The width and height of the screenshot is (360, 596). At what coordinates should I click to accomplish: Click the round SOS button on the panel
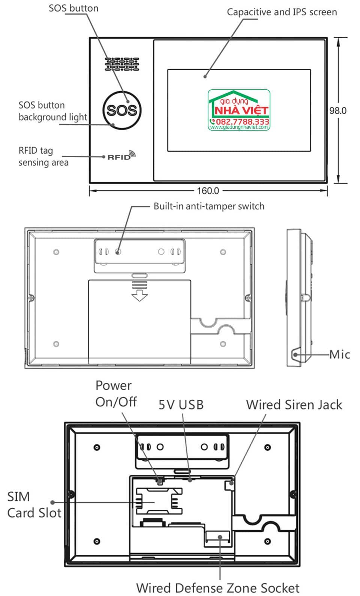click(x=121, y=110)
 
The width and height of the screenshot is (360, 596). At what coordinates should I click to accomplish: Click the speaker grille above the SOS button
click(x=122, y=64)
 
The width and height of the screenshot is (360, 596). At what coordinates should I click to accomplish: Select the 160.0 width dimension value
click(x=208, y=191)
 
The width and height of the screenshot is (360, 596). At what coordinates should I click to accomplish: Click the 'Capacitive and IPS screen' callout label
click(x=282, y=12)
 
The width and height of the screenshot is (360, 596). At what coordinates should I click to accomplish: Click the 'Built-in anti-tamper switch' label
click(x=209, y=206)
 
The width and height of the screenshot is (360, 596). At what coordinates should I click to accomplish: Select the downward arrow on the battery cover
click(x=139, y=295)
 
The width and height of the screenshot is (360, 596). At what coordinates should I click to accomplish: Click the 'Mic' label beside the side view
click(x=339, y=354)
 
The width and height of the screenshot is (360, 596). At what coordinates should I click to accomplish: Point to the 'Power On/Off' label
click(x=115, y=394)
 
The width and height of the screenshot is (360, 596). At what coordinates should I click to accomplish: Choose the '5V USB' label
click(x=181, y=405)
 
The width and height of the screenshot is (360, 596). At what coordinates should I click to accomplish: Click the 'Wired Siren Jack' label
click(x=294, y=405)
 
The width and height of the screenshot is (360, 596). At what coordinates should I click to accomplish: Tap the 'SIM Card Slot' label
click(x=34, y=504)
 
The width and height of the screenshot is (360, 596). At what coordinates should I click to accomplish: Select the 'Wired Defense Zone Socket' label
click(x=217, y=587)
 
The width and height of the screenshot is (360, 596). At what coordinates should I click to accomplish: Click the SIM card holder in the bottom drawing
click(x=158, y=501)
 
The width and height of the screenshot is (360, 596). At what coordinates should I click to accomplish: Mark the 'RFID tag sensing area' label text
click(x=43, y=157)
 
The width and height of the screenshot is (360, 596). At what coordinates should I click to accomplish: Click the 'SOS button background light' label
click(x=52, y=111)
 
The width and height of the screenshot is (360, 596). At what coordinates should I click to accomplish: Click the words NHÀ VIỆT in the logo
click(x=241, y=110)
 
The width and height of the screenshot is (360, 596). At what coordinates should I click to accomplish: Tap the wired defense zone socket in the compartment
click(x=217, y=538)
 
